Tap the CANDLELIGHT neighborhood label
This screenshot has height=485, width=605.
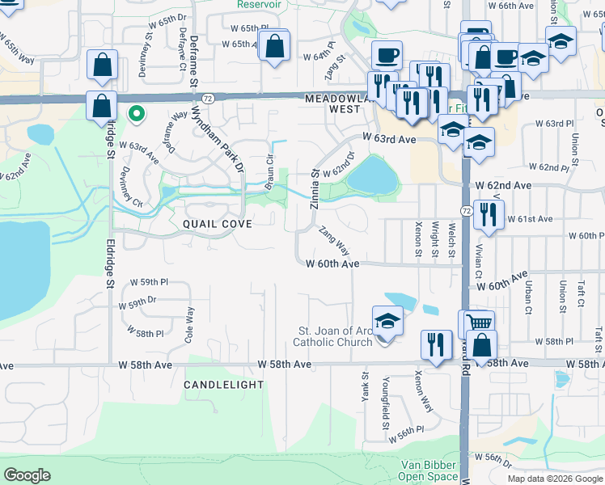pos(223,385)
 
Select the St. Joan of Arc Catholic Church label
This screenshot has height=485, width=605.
pos(336,336)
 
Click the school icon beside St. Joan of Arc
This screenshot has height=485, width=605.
pos(387,321)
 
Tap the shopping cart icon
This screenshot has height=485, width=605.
pos(480,323)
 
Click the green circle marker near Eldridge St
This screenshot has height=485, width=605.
pos(136,115)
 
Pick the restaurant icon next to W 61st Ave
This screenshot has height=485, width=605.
pos(489,213)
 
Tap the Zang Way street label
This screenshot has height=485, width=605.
pos(334,240)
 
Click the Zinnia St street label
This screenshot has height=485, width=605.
pos(315,188)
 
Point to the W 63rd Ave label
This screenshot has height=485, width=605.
pos(389,139)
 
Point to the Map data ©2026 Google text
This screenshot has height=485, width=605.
pos(553,478)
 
